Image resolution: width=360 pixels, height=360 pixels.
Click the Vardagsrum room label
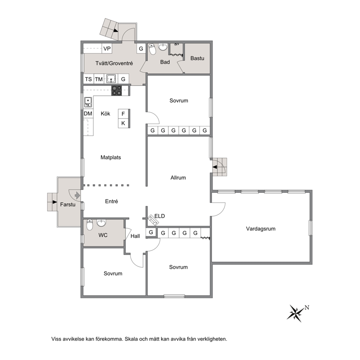click(261, 229)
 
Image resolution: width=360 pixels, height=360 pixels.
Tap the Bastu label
click(197, 58)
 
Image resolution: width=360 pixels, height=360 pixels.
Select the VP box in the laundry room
click(107, 49)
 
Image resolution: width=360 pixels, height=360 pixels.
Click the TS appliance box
click(89, 79)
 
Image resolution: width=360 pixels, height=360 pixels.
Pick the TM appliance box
click(99, 79)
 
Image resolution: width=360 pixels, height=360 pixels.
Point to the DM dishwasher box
click(88, 114)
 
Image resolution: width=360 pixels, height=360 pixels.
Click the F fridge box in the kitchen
click(123, 114)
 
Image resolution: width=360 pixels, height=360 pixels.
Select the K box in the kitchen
click(123, 123)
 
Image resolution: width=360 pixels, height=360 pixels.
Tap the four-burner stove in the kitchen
click(116, 91)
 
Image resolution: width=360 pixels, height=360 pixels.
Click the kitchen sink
click(88, 102)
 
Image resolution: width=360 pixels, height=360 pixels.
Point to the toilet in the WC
click(90, 225)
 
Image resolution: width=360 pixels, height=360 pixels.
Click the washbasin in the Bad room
click(163, 47)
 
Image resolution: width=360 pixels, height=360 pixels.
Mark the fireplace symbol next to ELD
click(153, 220)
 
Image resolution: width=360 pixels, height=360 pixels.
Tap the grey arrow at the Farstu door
click(77, 196)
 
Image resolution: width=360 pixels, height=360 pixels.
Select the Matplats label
click(111, 157)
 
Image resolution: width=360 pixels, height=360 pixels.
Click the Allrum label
click(178, 178)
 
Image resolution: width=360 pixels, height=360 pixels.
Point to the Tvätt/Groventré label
click(114, 64)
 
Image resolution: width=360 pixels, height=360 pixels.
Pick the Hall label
click(135, 236)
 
